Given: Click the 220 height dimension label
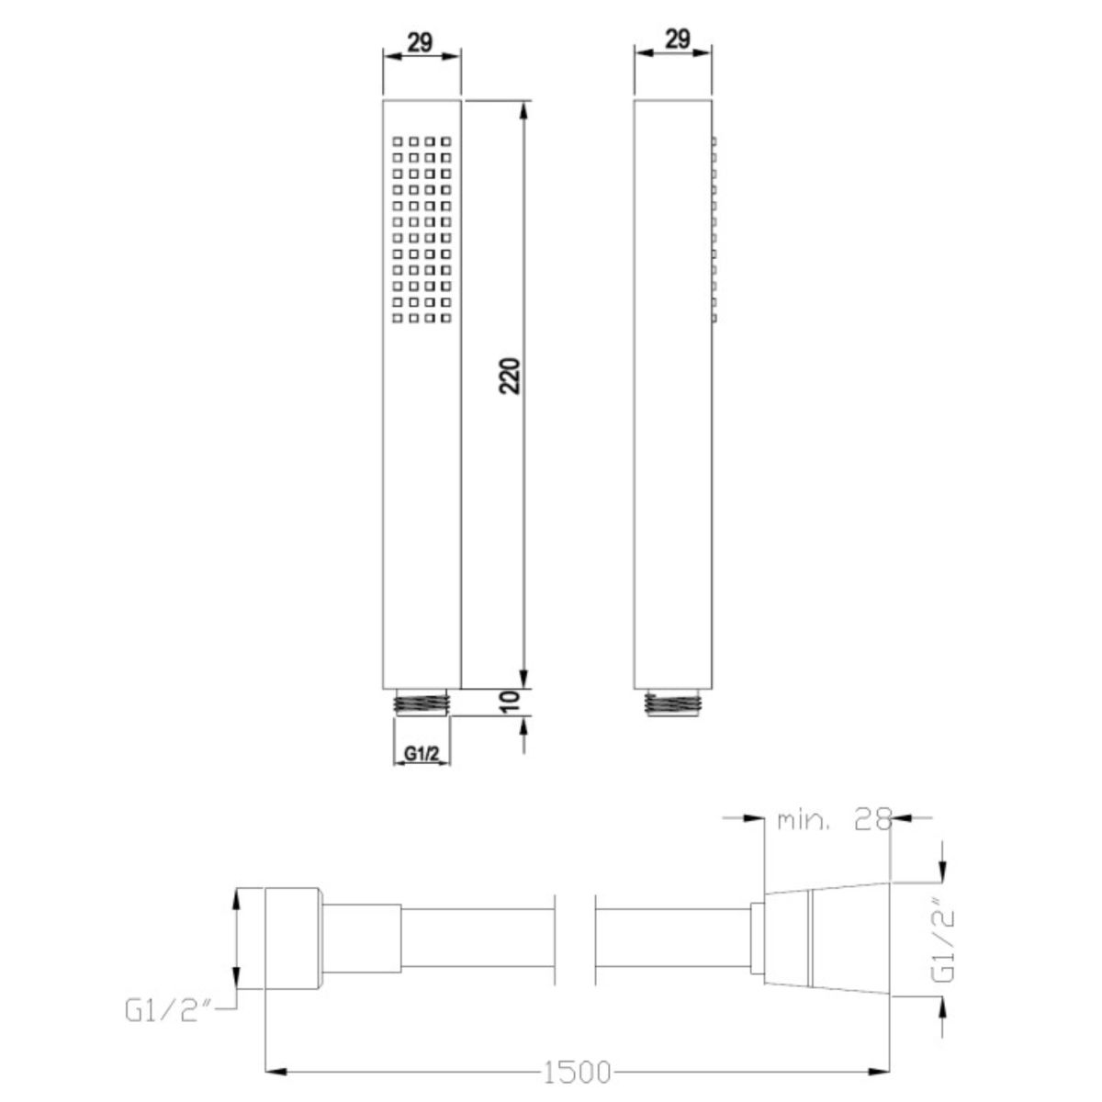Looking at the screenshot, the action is pos(510,376).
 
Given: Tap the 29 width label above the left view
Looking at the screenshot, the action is pos(421,41).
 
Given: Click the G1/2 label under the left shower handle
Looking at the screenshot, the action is pos(422,754).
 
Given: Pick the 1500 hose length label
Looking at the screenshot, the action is pos(577,1073).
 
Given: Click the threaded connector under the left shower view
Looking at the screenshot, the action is pos(422,702).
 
